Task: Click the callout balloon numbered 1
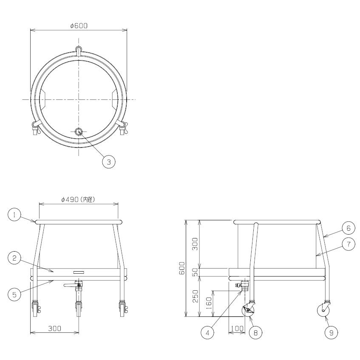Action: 14,215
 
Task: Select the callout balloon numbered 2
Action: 14,258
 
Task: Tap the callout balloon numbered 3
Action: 109,162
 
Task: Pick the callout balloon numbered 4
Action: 207,332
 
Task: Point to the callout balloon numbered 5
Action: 14,294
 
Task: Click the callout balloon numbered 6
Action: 349,228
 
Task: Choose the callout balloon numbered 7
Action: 349,244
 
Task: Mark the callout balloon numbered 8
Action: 255,332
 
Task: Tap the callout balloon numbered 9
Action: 331,332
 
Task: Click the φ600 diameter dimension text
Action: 79,26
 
